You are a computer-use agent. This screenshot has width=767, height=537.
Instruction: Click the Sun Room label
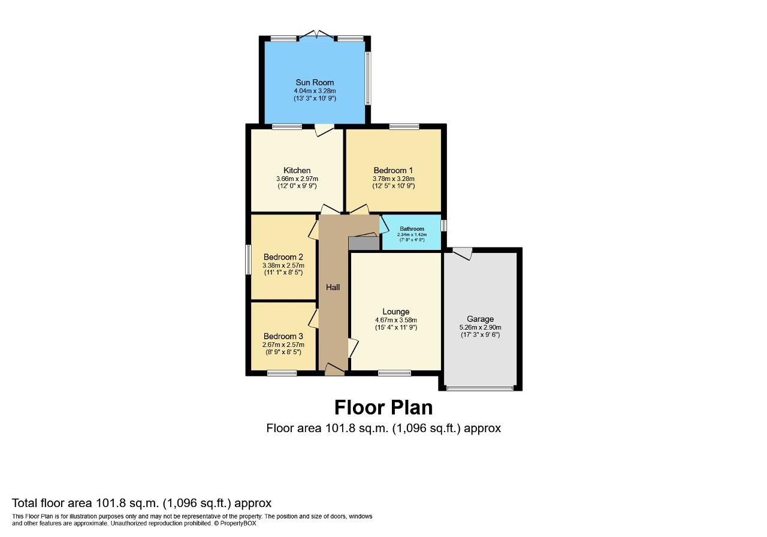[x=315, y=83]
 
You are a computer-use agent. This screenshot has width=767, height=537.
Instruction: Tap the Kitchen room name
[x=297, y=171]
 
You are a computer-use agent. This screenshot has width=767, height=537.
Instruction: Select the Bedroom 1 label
[x=393, y=171]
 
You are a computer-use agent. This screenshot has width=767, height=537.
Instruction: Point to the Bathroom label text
[x=412, y=229]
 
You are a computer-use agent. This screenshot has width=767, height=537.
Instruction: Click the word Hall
[x=333, y=287]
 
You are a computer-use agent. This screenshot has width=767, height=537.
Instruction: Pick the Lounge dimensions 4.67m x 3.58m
[x=396, y=320]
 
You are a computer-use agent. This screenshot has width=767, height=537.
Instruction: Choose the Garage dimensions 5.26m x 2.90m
[x=480, y=327]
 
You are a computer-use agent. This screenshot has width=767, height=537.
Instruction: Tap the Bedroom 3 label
[x=283, y=336]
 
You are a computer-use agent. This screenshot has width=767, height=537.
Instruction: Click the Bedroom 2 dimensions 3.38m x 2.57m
[x=283, y=266]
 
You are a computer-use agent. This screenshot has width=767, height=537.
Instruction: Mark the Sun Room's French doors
[x=317, y=35]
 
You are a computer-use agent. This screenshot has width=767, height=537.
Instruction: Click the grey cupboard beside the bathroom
[x=364, y=243]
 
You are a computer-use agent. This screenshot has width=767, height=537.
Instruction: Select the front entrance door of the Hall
[x=334, y=370]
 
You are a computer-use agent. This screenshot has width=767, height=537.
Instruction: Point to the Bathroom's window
[x=444, y=225]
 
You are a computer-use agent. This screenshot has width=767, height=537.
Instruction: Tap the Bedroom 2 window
[x=248, y=260]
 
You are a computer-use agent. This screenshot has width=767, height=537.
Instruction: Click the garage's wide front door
[x=480, y=388]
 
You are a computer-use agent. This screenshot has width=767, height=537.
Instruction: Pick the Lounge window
[x=394, y=373]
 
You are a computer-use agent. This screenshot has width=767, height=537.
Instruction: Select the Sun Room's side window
[x=368, y=78]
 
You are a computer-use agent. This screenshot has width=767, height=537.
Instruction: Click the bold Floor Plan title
[x=383, y=408]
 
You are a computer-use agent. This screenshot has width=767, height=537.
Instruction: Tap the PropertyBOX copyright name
[x=238, y=523]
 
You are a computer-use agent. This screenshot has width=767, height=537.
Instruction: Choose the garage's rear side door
[x=462, y=254]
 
